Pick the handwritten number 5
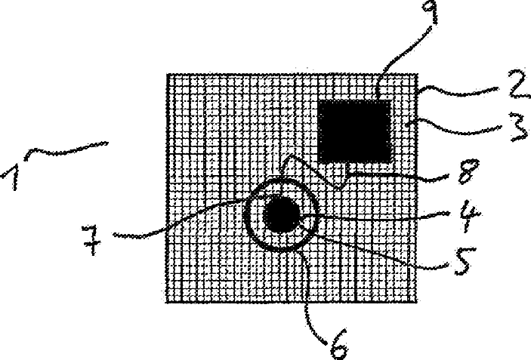coord(465,260)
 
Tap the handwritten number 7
coord(91,239)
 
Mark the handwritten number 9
coord(429,12)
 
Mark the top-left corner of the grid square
coord(168,75)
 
